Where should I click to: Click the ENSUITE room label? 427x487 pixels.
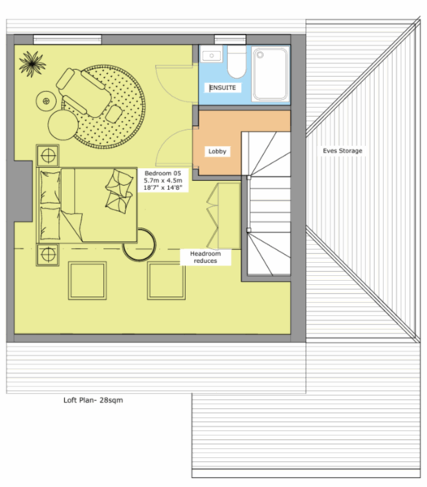pyautogui.click(x=222, y=88)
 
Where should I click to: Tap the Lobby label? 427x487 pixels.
pyautogui.click(x=217, y=151)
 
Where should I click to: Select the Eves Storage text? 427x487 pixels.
pyautogui.click(x=343, y=151)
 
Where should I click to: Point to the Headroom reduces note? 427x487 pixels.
pyautogui.click(x=205, y=257)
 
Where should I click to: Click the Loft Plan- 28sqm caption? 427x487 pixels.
pyautogui.click(x=93, y=400)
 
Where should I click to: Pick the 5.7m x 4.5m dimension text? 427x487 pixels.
pyautogui.click(x=163, y=180)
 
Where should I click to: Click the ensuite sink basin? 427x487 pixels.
pyautogui.click(x=212, y=55)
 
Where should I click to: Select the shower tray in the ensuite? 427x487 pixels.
pyautogui.click(x=270, y=74)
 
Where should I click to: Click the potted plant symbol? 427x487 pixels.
pyautogui.click(x=32, y=64)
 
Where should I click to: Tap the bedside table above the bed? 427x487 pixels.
pyautogui.click(x=48, y=155)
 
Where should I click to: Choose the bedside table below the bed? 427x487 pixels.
pyautogui.click(x=48, y=255)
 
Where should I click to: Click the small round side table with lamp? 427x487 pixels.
pyautogui.click(x=46, y=101)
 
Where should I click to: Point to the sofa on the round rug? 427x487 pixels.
pyautogui.click(x=84, y=93)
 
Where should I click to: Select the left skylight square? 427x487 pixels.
pyautogui.click(x=88, y=281)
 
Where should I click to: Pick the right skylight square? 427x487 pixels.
pyautogui.click(x=166, y=281)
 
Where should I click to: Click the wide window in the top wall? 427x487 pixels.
pyautogui.click(x=67, y=40)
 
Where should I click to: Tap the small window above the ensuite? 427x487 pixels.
pyautogui.click(x=230, y=40)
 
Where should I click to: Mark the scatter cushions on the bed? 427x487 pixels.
pyautogui.click(x=119, y=191)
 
